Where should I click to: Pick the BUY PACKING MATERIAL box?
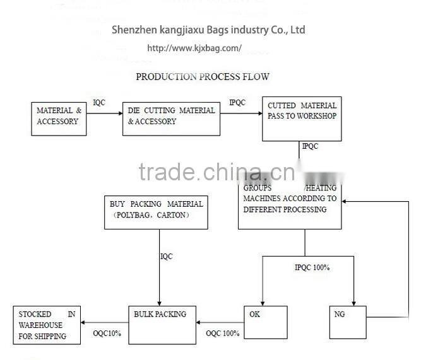pyautogui.click(x=157, y=212)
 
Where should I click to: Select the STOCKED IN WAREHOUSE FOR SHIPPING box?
pyautogui.click(x=48, y=325)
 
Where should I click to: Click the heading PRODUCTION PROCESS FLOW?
pyautogui.click(x=203, y=77)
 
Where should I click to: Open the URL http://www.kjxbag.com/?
pyautogui.click(x=194, y=48)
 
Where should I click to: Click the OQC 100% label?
pyautogui.click(x=223, y=333)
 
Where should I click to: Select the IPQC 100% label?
pyautogui.click(x=312, y=267)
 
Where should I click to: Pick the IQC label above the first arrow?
pyautogui.click(x=100, y=102)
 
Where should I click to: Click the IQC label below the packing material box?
pyautogui.click(x=166, y=256)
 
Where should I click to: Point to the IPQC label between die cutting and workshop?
pyautogui.click(x=237, y=102)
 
